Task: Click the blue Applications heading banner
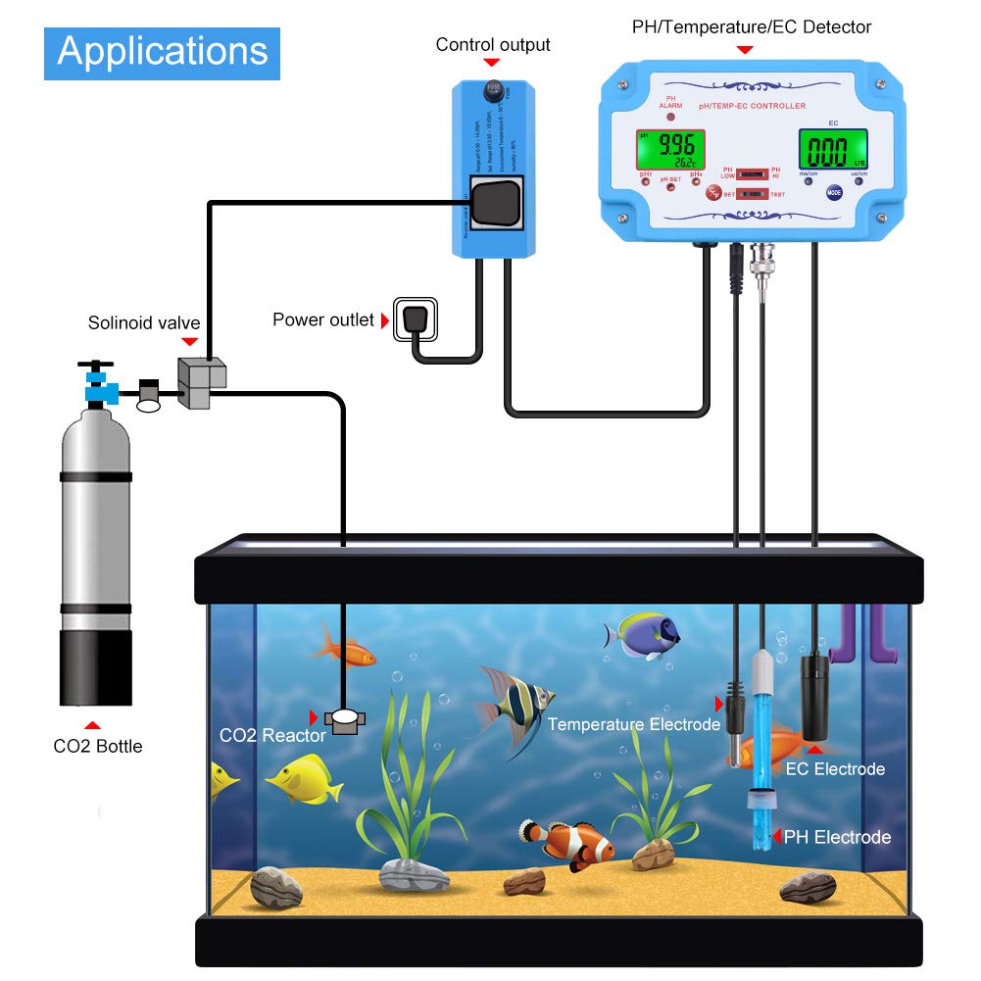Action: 162,52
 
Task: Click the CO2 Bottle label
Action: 98,746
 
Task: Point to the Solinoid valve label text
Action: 144,322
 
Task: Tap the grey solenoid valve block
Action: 200,382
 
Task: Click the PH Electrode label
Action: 837,837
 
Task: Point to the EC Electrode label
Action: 835,769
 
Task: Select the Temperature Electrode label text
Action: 634,724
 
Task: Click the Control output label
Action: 493,45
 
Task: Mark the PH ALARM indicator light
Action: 670,116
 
